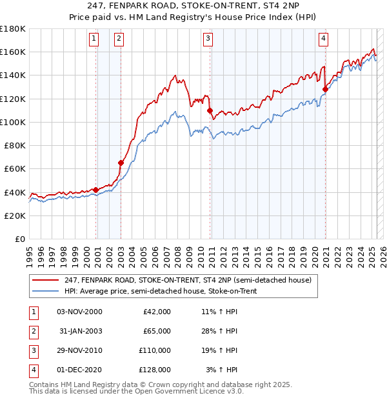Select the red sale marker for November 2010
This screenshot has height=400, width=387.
(x=210, y=110)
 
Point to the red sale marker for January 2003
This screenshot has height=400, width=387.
(x=121, y=163)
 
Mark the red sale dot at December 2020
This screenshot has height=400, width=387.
(x=325, y=90)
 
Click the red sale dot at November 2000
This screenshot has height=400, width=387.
(x=95, y=190)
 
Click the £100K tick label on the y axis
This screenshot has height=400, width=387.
(x=13, y=122)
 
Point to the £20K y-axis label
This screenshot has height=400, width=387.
(x=15, y=215)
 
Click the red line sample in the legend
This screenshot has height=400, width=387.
(x=45, y=280)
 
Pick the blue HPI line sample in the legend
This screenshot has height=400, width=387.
(x=45, y=291)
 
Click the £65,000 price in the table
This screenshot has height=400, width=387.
(x=156, y=331)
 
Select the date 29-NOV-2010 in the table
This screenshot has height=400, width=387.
(x=79, y=350)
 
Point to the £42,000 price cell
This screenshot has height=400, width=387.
(x=156, y=312)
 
